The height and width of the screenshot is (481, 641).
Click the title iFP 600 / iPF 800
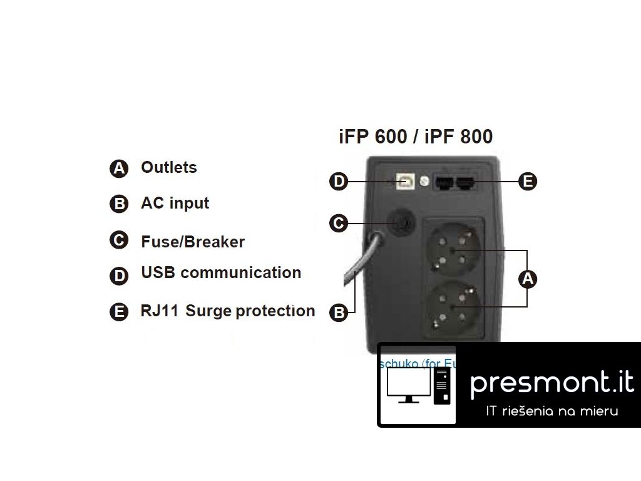(x=416, y=137)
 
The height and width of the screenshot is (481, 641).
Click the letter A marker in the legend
(x=118, y=168)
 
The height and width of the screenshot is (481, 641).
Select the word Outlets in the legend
(x=169, y=167)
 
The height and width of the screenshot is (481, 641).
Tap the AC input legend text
(x=175, y=203)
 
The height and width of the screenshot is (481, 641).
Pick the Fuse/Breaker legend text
(x=193, y=242)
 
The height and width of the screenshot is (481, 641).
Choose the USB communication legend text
(x=221, y=272)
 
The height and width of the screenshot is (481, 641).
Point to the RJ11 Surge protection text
(x=228, y=311)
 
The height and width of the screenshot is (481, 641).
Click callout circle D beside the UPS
(x=339, y=182)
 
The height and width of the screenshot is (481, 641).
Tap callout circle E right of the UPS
(x=528, y=182)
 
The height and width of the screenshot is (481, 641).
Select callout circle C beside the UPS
(x=339, y=223)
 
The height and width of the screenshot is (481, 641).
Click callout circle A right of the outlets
(x=528, y=279)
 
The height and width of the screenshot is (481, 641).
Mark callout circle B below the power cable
(x=339, y=313)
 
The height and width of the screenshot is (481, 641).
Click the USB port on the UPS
(x=405, y=180)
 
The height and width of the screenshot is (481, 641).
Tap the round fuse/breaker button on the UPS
(x=399, y=223)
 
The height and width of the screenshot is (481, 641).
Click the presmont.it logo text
(x=551, y=383)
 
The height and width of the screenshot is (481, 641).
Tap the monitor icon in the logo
(x=408, y=385)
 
